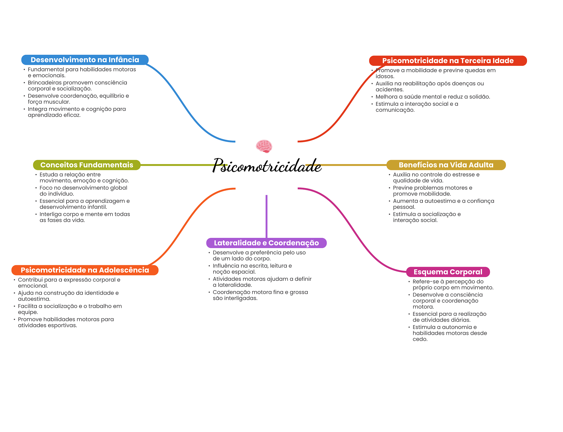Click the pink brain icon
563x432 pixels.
pos(264,146)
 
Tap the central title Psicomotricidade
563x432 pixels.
pos(267,166)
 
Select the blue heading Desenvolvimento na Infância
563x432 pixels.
pos(85,60)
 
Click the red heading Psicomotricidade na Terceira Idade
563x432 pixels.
pos(448,61)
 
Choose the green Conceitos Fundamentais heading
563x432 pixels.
pos(87,165)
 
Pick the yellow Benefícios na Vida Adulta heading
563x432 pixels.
pos(446,165)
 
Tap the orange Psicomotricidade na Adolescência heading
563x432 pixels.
pos(85,270)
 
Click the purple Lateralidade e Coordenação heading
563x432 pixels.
pos(266,243)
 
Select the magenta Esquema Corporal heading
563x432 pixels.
pos(448,272)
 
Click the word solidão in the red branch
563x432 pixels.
pos(480,97)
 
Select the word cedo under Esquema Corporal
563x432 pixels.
pos(420,339)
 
